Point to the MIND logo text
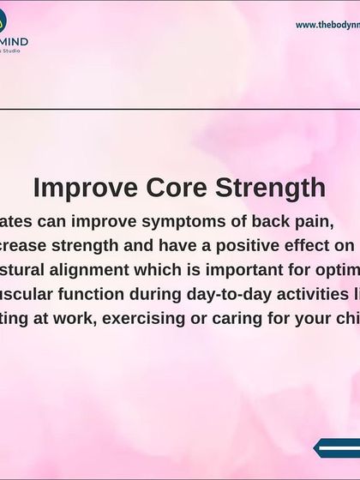click(15, 40)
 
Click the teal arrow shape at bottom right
click(339, 447)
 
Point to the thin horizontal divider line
click(180, 110)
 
